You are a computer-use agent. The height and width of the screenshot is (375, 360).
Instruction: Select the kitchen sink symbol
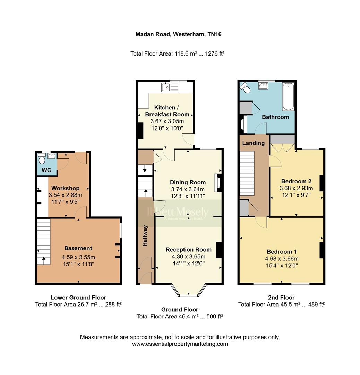point(170,87)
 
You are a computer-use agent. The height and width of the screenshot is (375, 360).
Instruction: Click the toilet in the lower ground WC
point(42,159)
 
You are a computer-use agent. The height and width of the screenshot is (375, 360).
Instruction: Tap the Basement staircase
point(44,241)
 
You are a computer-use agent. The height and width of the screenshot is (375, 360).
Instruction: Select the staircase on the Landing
point(247,175)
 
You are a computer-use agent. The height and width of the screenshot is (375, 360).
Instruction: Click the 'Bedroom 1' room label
point(281,252)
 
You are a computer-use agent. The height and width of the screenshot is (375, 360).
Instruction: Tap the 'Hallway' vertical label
point(146,236)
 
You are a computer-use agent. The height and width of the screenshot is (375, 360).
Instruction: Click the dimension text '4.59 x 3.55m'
point(78,257)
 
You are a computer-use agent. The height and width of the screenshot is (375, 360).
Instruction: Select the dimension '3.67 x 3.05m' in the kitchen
point(167,121)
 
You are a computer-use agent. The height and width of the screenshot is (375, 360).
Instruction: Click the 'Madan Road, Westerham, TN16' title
point(178,34)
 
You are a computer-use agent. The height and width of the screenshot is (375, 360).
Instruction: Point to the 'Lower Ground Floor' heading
point(78,297)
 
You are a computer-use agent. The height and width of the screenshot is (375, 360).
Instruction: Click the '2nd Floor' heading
point(281,297)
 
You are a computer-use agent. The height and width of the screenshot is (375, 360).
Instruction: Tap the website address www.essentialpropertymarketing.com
point(180,344)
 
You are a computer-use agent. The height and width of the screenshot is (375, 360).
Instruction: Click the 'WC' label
point(46,170)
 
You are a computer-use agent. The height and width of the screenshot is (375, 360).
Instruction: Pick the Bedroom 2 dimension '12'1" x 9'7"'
point(297,195)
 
